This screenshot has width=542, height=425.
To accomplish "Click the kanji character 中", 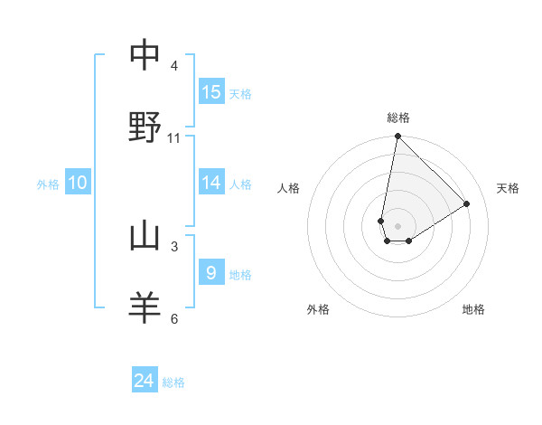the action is (145, 56).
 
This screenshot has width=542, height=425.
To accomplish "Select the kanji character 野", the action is (145, 127).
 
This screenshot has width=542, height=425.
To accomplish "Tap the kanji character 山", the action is (145, 237).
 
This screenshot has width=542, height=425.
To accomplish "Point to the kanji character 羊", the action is (145, 307).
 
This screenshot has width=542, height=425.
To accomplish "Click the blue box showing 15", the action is (211, 92).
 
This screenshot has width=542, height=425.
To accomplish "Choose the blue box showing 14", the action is (211, 183).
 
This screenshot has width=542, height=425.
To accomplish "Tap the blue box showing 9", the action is (211, 273).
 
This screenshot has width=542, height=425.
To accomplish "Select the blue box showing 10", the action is (78, 183).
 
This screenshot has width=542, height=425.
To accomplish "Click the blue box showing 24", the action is (145, 382).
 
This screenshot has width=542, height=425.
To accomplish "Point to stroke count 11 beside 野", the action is (174, 138).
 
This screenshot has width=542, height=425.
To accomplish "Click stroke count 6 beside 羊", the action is (174, 318).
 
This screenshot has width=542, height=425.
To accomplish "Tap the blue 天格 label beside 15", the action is (240, 94).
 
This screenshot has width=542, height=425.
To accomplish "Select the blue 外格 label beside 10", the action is (48, 184).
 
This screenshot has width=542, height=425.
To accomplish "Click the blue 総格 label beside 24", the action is (173, 383).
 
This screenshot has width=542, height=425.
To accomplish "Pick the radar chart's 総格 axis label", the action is (398, 118).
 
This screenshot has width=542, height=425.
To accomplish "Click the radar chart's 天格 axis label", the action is (509, 188).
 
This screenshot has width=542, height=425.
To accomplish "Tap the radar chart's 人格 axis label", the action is (289, 188).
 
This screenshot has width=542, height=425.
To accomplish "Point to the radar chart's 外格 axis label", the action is (318, 310).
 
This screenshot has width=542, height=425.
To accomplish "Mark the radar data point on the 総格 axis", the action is (397, 137).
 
